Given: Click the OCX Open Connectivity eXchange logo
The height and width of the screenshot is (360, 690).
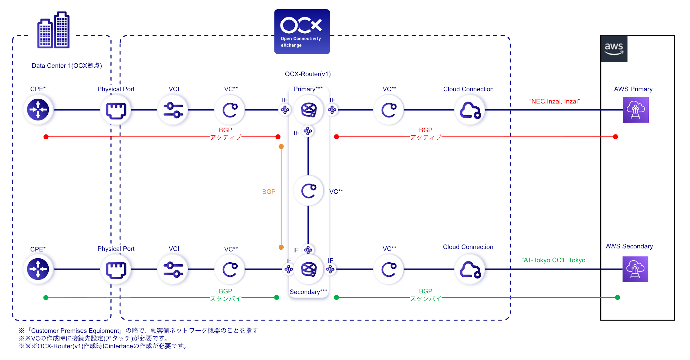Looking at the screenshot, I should tap(302, 32).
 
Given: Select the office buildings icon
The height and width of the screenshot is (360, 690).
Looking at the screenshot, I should tap(54, 30).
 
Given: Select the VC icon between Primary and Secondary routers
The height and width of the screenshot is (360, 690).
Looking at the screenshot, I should tap(309, 191).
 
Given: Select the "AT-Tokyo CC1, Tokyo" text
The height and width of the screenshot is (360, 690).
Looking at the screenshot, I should tap(554, 260).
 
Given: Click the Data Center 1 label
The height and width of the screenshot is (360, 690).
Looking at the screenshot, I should tap(67, 66).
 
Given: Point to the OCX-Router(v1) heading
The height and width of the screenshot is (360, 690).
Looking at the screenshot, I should tap(308, 74).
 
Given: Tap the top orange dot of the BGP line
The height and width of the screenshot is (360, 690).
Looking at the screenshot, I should tap(281, 147).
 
